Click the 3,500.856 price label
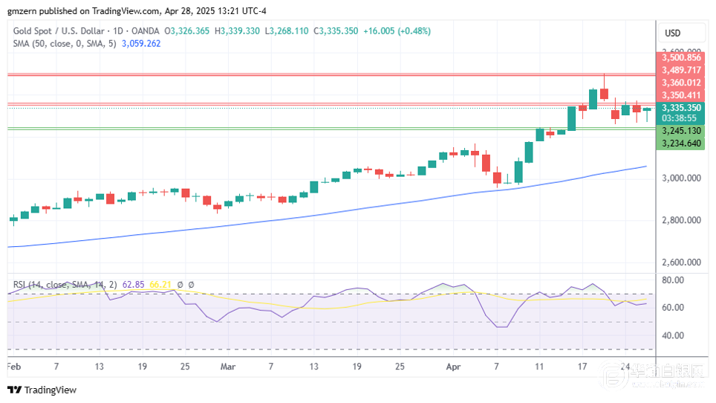point(683,57)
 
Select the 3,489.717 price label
point(683,70)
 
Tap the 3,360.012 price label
point(683,83)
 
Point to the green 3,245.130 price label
point(683,130)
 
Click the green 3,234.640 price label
point(683,143)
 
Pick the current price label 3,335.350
point(683,108)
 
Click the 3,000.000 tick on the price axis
point(683,178)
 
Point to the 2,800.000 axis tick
point(683,220)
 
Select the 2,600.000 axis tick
point(683,262)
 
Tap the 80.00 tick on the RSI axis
point(674,280)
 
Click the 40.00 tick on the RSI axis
point(674,335)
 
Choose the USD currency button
point(673,33)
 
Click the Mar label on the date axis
point(227,367)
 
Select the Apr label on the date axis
point(453,367)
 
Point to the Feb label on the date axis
point(14,367)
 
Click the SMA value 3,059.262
point(141,44)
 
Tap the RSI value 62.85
point(134,284)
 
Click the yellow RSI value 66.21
point(161,284)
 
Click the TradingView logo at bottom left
point(42,390)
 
